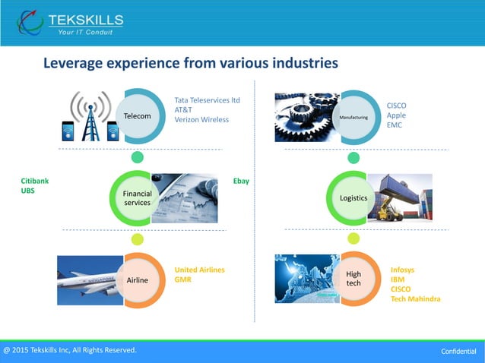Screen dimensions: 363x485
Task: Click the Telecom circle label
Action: point(138,115)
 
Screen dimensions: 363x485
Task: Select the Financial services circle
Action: point(138,198)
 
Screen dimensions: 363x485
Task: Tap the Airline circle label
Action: point(138,280)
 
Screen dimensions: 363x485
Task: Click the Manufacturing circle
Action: point(353,117)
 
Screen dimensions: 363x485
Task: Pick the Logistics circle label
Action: point(353,198)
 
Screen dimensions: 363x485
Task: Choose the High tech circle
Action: point(353,278)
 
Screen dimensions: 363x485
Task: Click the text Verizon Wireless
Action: point(201,119)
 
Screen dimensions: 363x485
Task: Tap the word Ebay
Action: point(241,181)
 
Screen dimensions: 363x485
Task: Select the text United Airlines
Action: point(199,270)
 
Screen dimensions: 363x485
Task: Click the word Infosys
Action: point(402,270)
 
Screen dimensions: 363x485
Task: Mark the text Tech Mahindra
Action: point(415,298)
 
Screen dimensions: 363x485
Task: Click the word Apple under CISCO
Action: point(396,115)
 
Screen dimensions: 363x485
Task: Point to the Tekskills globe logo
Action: point(30,23)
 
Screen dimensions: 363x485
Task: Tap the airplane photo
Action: point(87,279)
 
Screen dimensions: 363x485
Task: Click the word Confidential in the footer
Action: point(458,352)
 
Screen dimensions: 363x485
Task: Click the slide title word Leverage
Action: point(74,63)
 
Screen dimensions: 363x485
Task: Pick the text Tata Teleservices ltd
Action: point(207,99)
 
